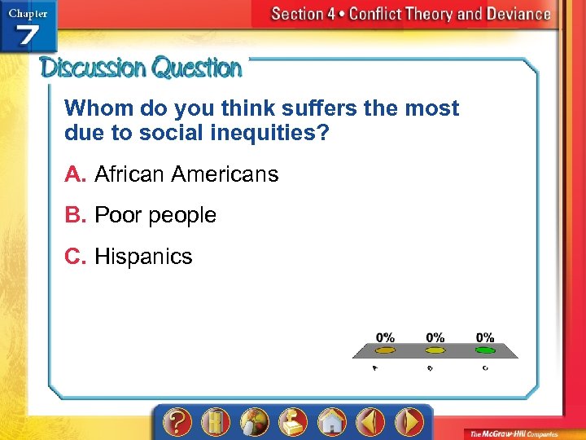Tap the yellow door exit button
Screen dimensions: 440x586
click(x=216, y=422)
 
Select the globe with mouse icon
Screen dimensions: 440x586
click(x=254, y=422)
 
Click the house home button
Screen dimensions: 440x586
click(x=332, y=422)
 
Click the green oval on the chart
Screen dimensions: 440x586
click(x=485, y=350)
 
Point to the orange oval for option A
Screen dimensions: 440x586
click(x=384, y=350)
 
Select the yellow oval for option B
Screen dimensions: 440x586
click(x=435, y=350)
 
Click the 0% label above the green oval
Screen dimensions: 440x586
click(x=485, y=337)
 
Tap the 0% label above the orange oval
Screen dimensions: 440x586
click(x=385, y=337)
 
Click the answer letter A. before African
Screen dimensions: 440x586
click(x=76, y=174)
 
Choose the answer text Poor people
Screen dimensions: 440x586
click(x=155, y=215)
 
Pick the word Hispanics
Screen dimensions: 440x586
click(x=143, y=257)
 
